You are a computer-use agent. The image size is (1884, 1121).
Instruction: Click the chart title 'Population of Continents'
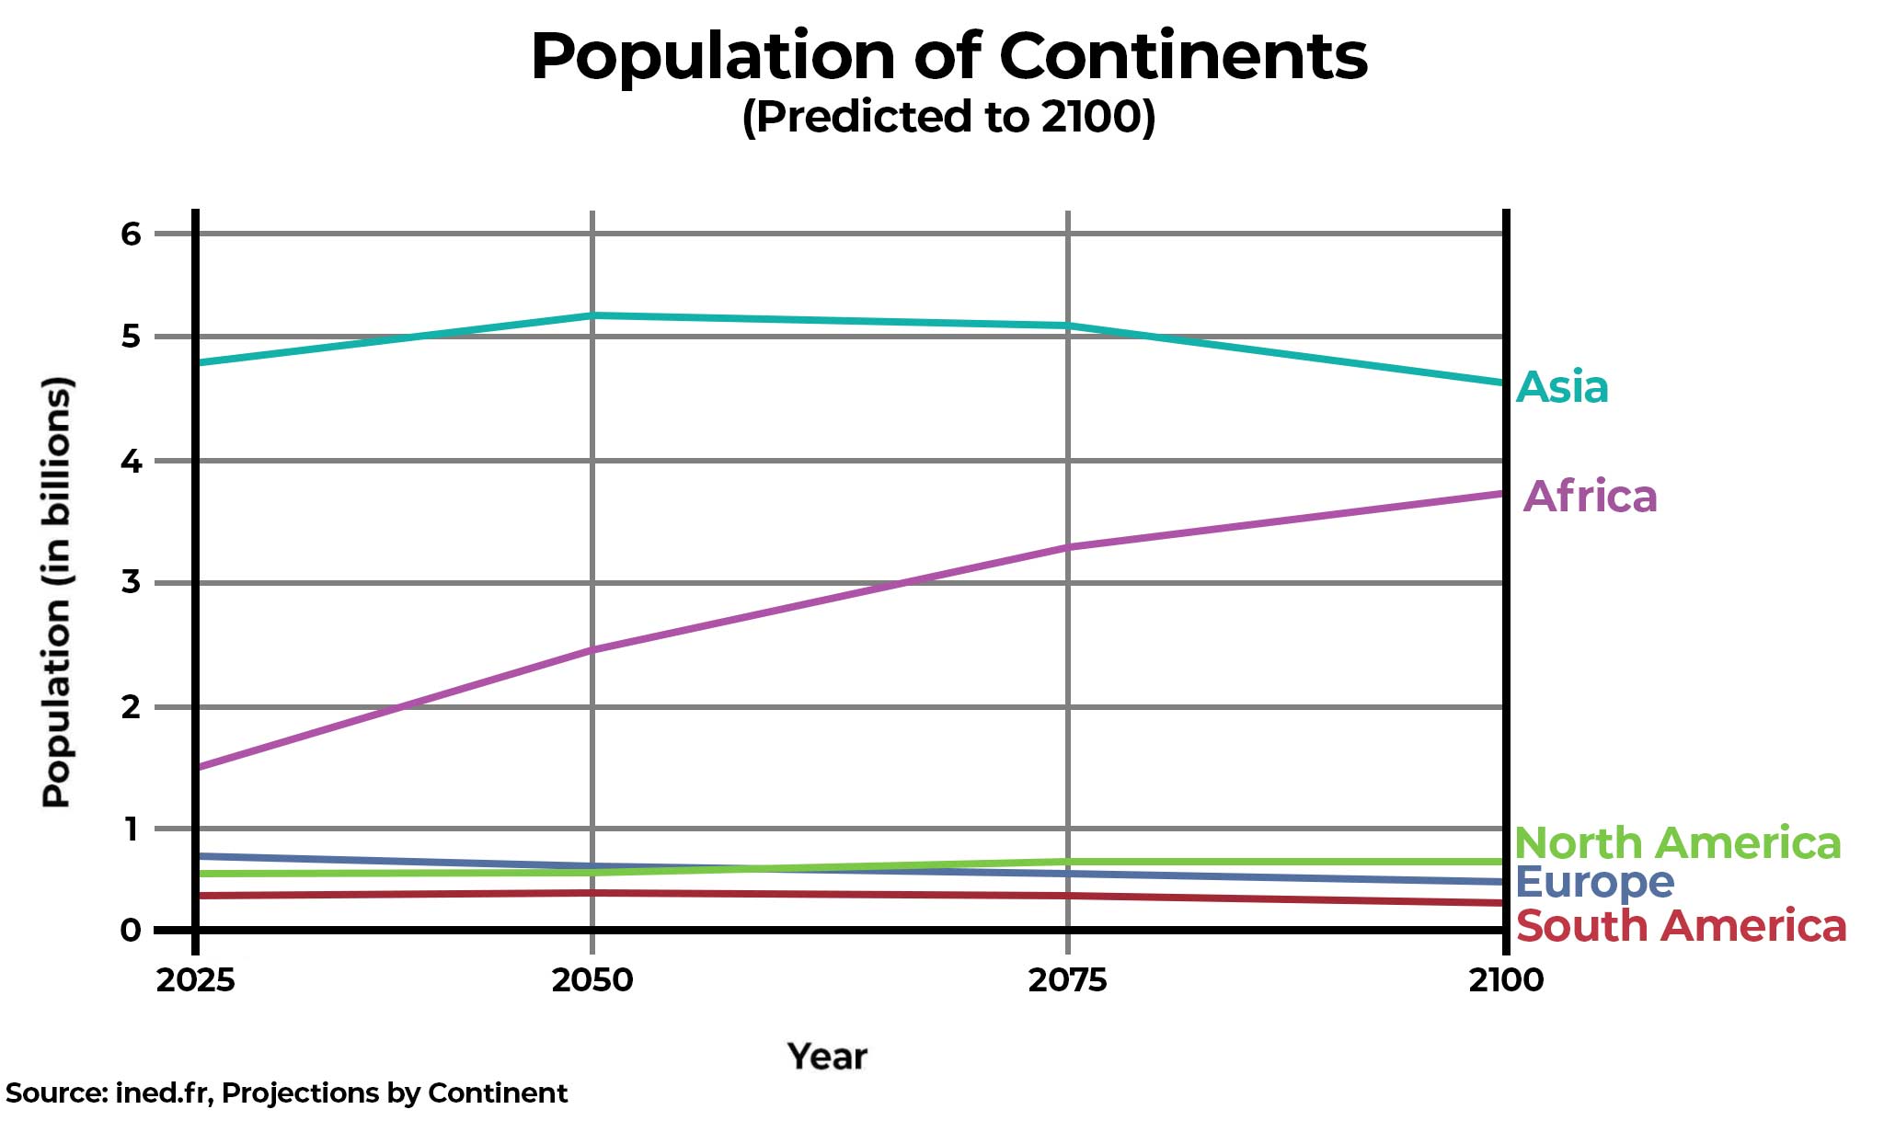click(948, 57)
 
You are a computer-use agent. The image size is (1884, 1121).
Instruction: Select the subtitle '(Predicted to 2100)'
click(948, 117)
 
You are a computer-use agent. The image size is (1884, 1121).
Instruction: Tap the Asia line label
click(1562, 387)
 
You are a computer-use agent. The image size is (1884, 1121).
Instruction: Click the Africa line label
click(1591, 497)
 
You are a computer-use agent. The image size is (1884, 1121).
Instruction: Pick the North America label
click(1677, 842)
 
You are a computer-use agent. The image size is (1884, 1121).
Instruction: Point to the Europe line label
click(1594, 883)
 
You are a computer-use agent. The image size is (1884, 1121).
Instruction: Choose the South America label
click(1681, 926)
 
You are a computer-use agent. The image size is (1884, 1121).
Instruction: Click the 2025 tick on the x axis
click(195, 980)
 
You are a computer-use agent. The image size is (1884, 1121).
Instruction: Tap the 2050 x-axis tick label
click(592, 980)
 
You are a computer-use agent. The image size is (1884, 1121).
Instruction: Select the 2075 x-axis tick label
click(1067, 980)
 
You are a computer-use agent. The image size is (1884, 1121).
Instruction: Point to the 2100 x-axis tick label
click(1506, 980)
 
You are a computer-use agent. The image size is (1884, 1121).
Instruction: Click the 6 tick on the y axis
click(132, 234)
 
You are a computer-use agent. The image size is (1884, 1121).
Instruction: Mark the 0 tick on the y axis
click(132, 931)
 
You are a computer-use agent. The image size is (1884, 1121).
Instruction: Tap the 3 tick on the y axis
click(132, 581)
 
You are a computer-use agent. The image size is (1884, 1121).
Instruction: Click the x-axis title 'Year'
click(827, 1057)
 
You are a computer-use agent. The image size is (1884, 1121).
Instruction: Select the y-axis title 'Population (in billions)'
click(57, 592)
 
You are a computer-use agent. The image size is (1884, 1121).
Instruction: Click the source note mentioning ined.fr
click(286, 1092)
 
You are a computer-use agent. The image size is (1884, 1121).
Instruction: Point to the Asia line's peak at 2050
click(592, 315)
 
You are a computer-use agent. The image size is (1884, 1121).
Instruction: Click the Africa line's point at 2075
click(1067, 547)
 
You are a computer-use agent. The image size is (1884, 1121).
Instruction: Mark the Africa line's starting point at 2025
click(197, 766)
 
